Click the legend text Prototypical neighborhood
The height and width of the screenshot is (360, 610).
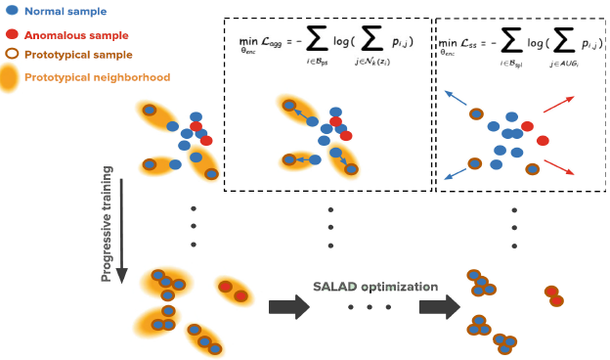click(98, 77)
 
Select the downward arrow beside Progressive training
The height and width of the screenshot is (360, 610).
click(121, 224)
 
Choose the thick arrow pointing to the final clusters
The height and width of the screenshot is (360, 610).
click(438, 307)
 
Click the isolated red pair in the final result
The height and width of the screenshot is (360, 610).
click(553, 295)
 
